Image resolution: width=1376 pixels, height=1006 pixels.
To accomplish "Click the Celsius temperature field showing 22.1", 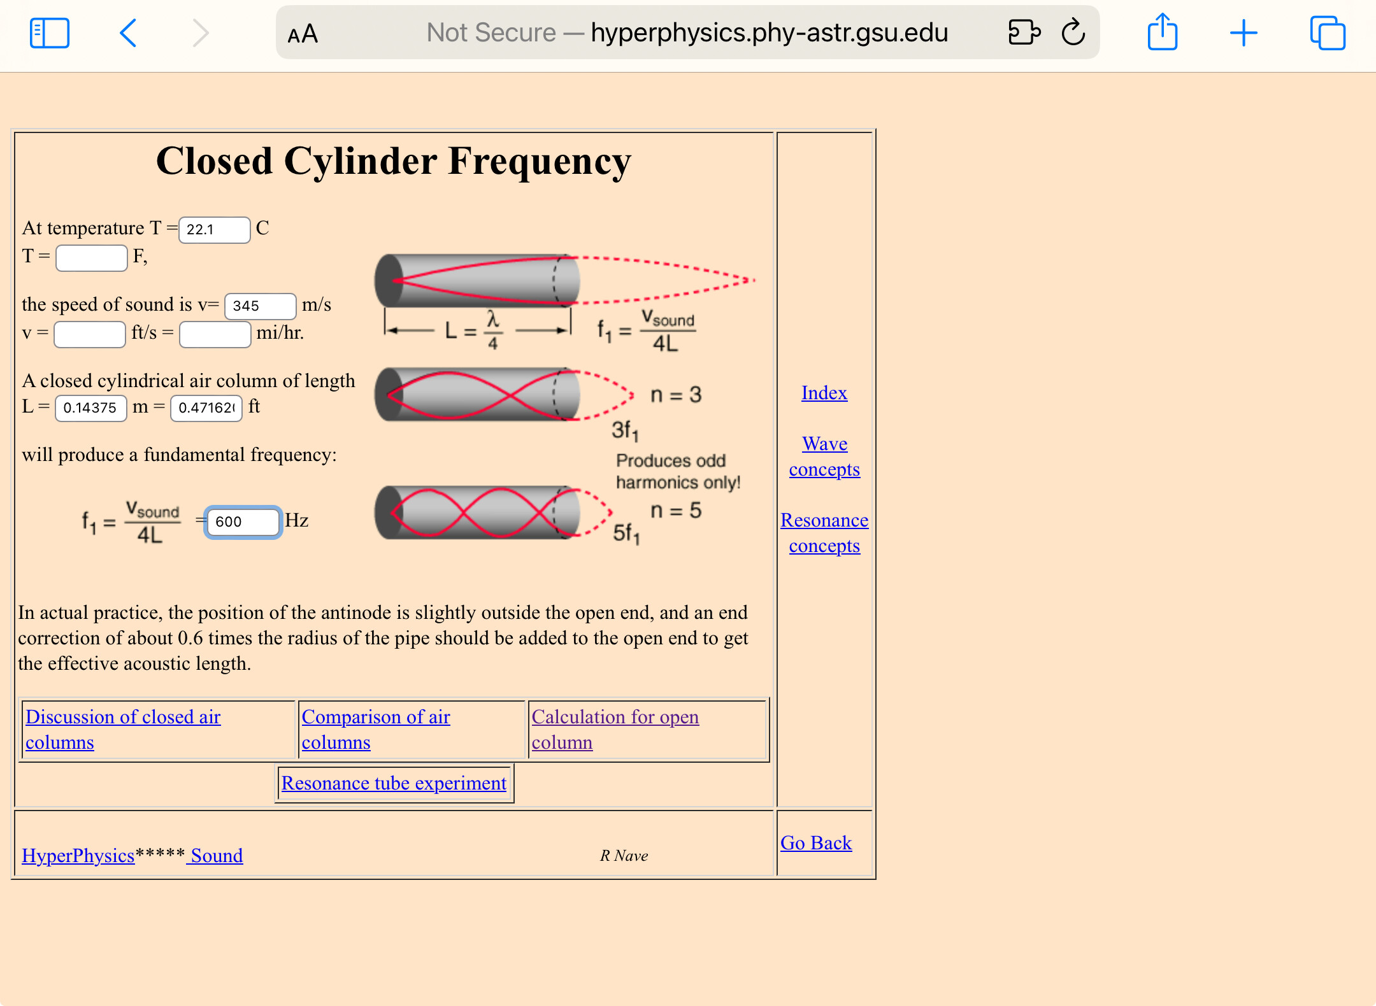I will [x=214, y=230].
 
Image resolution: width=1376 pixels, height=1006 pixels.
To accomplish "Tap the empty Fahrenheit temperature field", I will [x=91, y=258].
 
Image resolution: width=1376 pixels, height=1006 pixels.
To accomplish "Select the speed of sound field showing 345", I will [x=260, y=306].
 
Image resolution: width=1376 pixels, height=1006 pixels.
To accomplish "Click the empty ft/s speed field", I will [x=89, y=334].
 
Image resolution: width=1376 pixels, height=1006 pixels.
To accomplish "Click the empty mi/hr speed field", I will [x=215, y=334].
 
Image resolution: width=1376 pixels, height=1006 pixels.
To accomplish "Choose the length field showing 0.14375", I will [x=90, y=408].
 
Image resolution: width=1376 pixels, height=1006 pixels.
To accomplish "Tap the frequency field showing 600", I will [x=243, y=522].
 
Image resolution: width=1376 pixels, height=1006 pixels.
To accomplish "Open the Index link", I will [x=824, y=393].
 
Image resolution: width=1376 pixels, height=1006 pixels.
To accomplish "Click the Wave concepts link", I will [x=824, y=457].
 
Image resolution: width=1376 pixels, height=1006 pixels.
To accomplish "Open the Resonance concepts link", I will [x=824, y=533].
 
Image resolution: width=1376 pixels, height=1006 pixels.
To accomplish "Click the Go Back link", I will [x=815, y=843].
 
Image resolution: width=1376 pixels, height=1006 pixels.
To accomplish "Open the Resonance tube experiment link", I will [x=394, y=783].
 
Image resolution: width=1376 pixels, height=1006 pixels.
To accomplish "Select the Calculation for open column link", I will [x=615, y=730].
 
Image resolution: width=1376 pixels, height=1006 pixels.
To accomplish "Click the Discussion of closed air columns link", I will [x=123, y=730].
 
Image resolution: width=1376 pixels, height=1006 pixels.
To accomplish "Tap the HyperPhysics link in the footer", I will [x=78, y=856].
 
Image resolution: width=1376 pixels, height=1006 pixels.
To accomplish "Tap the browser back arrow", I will [x=128, y=33].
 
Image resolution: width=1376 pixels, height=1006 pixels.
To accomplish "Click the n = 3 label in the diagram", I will [x=675, y=395].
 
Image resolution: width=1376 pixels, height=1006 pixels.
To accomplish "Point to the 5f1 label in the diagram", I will [x=626, y=534].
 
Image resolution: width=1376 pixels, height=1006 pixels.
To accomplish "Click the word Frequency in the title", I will [x=539, y=162].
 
